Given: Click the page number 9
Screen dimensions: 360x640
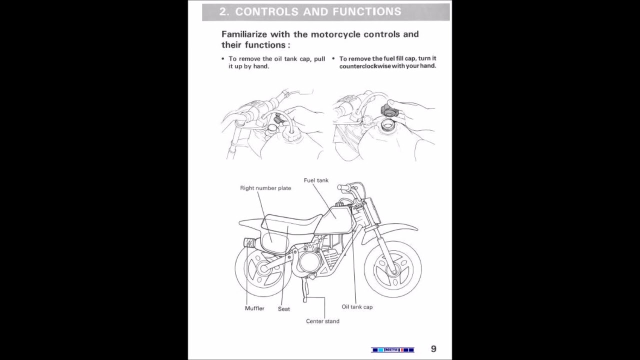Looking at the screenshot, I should click(x=433, y=349).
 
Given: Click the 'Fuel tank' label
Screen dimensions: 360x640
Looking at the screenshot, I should click(x=316, y=180).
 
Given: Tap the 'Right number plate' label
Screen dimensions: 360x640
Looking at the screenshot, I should click(x=265, y=188).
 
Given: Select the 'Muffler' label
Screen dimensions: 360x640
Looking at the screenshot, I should click(x=254, y=308).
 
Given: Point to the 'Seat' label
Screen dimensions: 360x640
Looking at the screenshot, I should click(x=283, y=309).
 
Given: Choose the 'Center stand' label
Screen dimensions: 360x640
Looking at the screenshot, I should click(x=322, y=321).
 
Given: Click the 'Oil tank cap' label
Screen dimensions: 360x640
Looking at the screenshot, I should click(x=357, y=307).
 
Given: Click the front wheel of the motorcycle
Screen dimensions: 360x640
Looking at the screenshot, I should click(x=392, y=270).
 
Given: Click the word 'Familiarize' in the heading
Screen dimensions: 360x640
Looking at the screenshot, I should click(x=244, y=34).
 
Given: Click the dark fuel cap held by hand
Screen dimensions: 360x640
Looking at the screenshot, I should click(x=388, y=110).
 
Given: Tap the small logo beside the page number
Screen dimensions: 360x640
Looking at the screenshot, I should click(x=392, y=349).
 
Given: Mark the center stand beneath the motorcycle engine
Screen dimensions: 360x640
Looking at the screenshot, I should click(x=305, y=290).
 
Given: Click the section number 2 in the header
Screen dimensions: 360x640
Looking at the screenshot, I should click(x=223, y=11).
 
